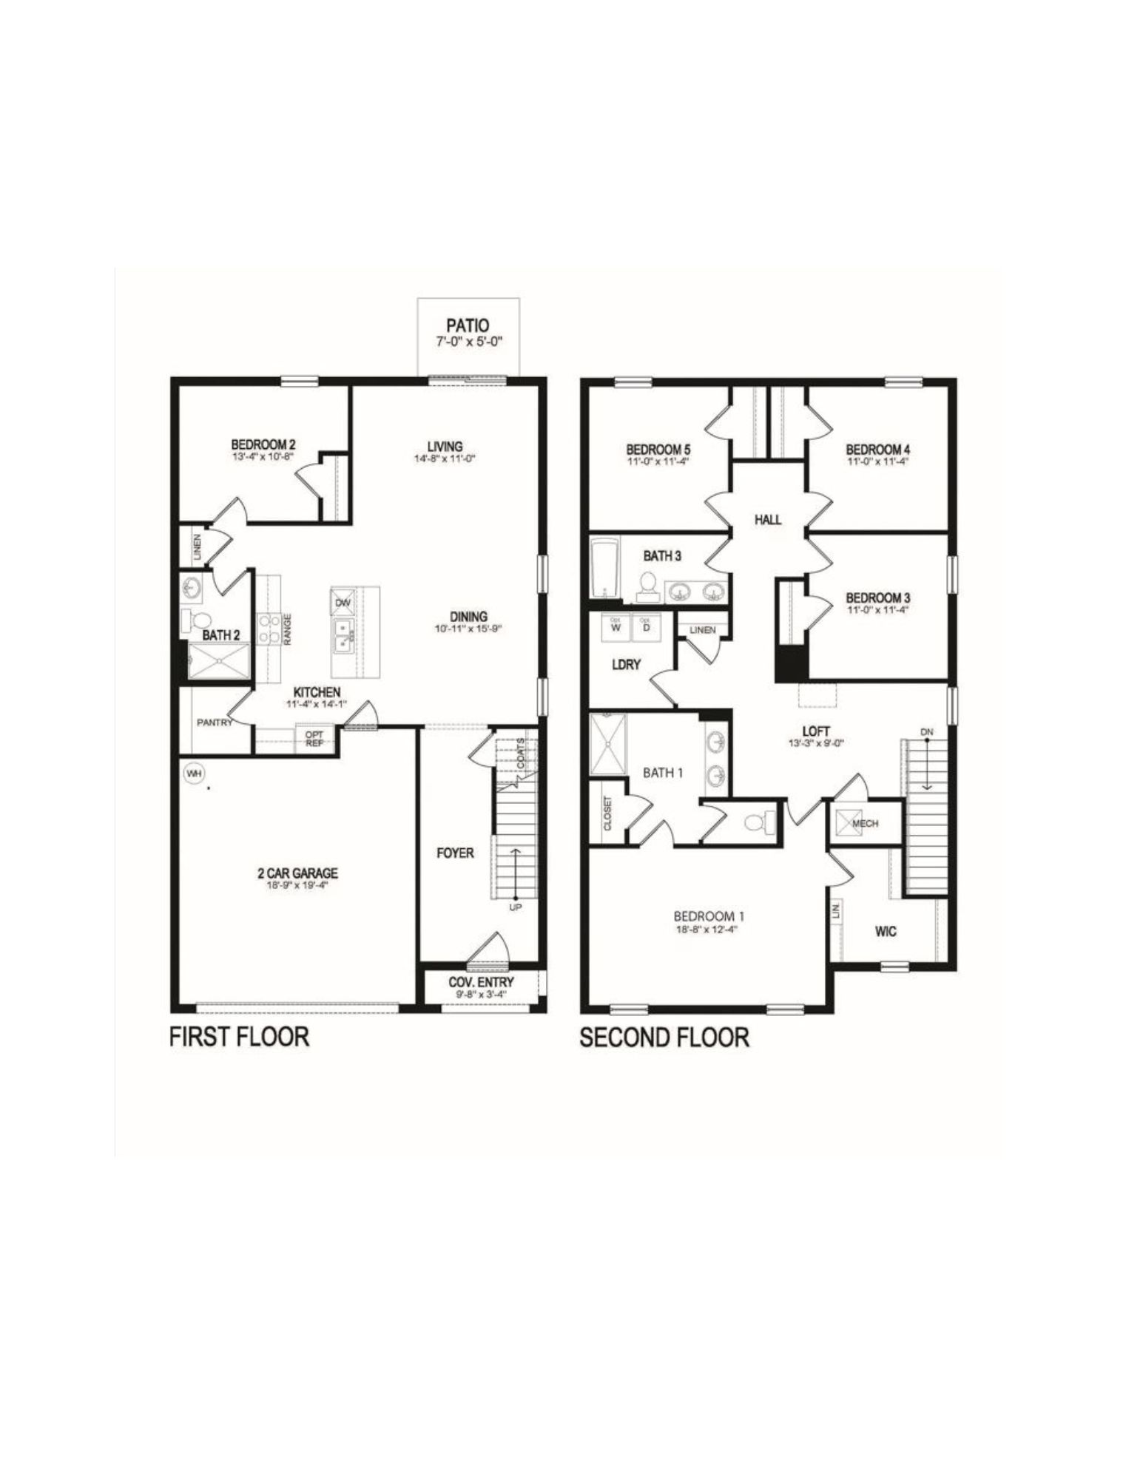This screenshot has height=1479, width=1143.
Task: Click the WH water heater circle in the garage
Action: click(x=195, y=774)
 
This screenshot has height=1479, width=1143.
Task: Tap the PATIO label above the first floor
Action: click(x=468, y=324)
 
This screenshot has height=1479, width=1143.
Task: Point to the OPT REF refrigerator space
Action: click(x=314, y=738)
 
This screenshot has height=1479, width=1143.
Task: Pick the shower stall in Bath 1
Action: click(x=608, y=743)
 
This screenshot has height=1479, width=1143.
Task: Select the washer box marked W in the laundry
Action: click(x=616, y=626)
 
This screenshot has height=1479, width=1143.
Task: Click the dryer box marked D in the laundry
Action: click(x=646, y=626)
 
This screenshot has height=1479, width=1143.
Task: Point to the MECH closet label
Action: click(x=865, y=823)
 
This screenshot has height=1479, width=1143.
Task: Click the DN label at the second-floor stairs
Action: click(x=927, y=731)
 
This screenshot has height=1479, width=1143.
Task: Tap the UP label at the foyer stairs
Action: click(x=516, y=907)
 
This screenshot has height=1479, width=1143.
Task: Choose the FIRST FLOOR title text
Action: click(x=239, y=1036)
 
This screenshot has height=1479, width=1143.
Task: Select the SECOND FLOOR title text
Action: click(x=664, y=1037)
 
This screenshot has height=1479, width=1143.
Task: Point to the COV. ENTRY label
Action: click(x=481, y=982)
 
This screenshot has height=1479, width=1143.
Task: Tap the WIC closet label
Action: click(x=886, y=931)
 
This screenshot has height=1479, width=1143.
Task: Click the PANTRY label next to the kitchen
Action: click(x=215, y=722)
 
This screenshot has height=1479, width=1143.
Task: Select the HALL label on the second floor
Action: click(x=768, y=520)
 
